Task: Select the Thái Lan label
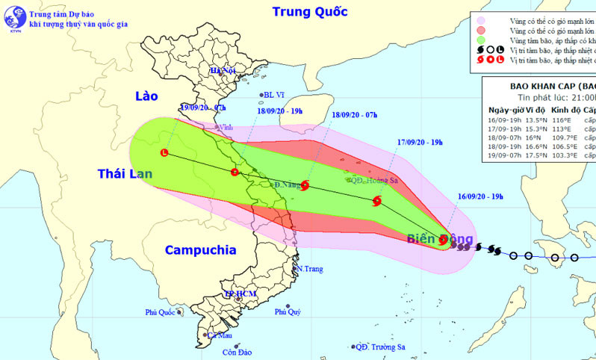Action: pyautogui.click(x=125, y=174)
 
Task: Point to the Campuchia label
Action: pyautogui.click(x=199, y=250)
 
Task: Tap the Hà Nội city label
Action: pyautogui.click(x=222, y=70)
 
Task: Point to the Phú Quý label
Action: pyautogui.click(x=288, y=311)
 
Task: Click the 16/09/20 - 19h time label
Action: pyautogui.click(x=481, y=196)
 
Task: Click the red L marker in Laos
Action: pyautogui.click(x=164, y=153)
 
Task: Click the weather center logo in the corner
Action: pyautogui.click(x=13, y=13)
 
